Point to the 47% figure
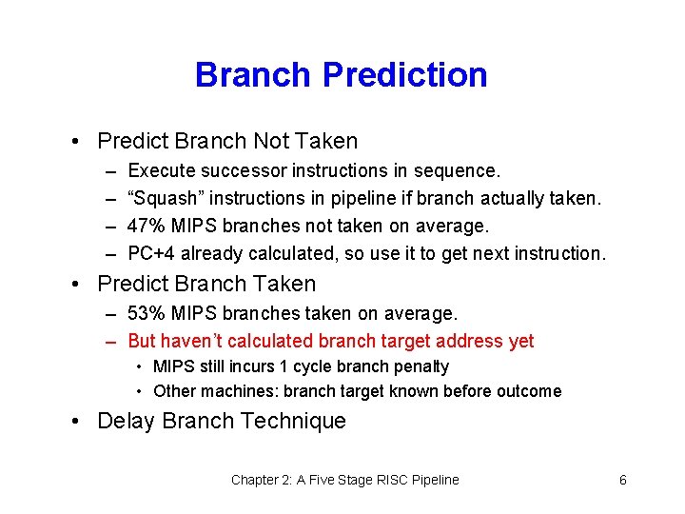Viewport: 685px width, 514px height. (x=145, y=227)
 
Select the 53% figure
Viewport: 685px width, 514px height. (x=145, y=313)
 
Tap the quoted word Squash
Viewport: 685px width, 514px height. (x=166, y=199)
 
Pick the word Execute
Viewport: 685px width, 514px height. (x=157, y=171)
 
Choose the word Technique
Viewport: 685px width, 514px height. (x=296, y=421)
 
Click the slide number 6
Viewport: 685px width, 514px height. (x=622, y=480)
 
